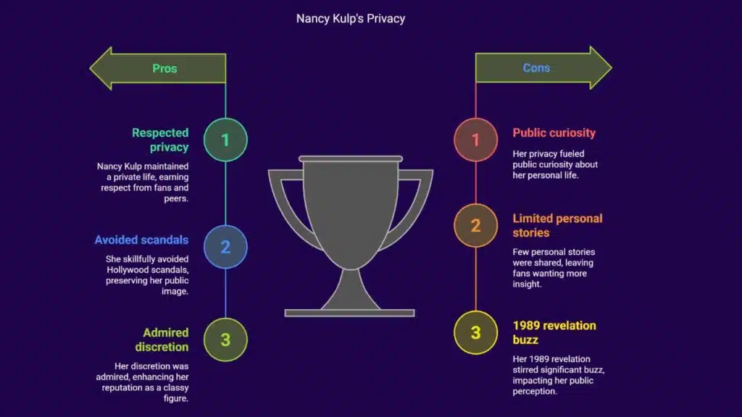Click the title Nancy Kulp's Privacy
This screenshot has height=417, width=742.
350,19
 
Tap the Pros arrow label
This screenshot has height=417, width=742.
164,69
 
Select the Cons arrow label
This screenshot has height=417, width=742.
536,68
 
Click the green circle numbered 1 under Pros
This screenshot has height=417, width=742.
225,140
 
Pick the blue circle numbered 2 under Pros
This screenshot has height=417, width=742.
225,247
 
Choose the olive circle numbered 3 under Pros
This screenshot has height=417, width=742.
225,339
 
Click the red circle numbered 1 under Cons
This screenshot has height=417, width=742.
475,140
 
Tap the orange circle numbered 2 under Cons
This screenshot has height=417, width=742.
475,225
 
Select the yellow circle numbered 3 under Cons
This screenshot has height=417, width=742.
475,332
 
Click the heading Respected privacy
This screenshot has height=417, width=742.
160,140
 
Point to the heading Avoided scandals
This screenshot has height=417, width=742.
141,240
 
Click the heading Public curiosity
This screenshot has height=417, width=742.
554,133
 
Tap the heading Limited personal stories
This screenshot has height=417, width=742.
557,225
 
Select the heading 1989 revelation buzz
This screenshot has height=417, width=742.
554,332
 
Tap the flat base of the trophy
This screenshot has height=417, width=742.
349,313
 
